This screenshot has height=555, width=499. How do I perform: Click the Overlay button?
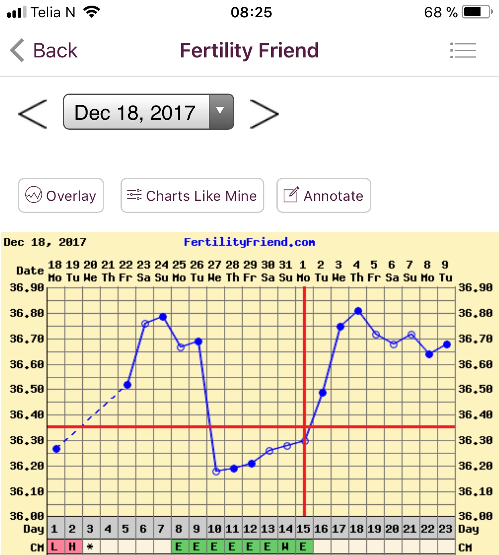[61, 196]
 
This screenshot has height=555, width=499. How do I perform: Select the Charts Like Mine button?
[192, 196]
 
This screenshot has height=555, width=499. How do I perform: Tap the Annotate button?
[323, 196]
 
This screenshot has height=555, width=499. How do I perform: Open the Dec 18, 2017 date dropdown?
[149, 112]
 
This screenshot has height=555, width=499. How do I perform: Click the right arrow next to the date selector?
[264, 114]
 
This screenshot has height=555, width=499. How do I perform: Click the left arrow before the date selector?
[33, 114]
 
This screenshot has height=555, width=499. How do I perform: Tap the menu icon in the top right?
[463, 51]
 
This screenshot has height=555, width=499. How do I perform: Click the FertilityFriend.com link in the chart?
[249, 242]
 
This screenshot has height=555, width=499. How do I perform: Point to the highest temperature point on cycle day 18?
[358, 311]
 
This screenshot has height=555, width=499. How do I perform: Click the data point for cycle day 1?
[57, 449]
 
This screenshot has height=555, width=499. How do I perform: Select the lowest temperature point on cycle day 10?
[216, 471]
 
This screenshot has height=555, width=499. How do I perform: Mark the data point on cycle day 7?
[163, 317]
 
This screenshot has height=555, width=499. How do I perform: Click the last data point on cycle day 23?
[447, 344]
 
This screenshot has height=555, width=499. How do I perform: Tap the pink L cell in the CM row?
[54, 547]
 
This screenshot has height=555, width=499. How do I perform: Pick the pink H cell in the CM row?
[72, 547]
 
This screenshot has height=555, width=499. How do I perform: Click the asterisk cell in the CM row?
[90, 547]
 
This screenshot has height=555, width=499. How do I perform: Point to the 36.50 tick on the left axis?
[27, 389]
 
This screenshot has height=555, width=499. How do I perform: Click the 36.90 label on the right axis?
[475, 288]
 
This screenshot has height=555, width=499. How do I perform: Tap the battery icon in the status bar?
[477, 12]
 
